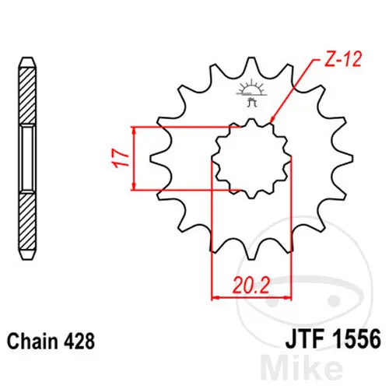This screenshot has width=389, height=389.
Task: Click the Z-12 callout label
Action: pyautogui.click(x=343, y=59)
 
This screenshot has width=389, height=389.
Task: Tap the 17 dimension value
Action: pyautogui.click(x=121, y=159)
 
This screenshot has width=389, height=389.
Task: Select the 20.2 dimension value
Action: pyautogui.click(x=251, y=286)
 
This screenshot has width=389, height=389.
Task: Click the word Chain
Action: pyautogui.click(x=33, y=341)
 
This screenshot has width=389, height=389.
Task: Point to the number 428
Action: pyautogui.click(x=79, y=341)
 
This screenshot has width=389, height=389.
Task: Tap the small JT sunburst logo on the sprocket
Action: pyautogui.click(x=251, y=93)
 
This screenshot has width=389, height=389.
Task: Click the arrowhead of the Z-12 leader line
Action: pyautogui.click(x=272, y=119)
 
